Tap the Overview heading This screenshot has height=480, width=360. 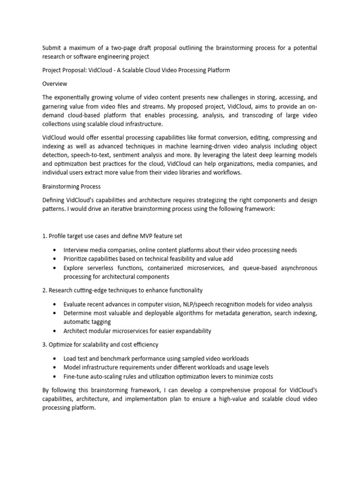point(55,84)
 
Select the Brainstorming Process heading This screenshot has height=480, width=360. point(71,186)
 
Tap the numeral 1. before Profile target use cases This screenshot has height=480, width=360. point(45,236)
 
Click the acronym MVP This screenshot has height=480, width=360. point(155,236)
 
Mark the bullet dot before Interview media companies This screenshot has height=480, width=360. point(56,250)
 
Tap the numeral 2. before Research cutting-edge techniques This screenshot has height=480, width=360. point(45,291)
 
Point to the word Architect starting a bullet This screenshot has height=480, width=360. point(76,331)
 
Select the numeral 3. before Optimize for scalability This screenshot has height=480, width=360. point(45,345)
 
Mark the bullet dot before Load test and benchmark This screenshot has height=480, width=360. point(56,359)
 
